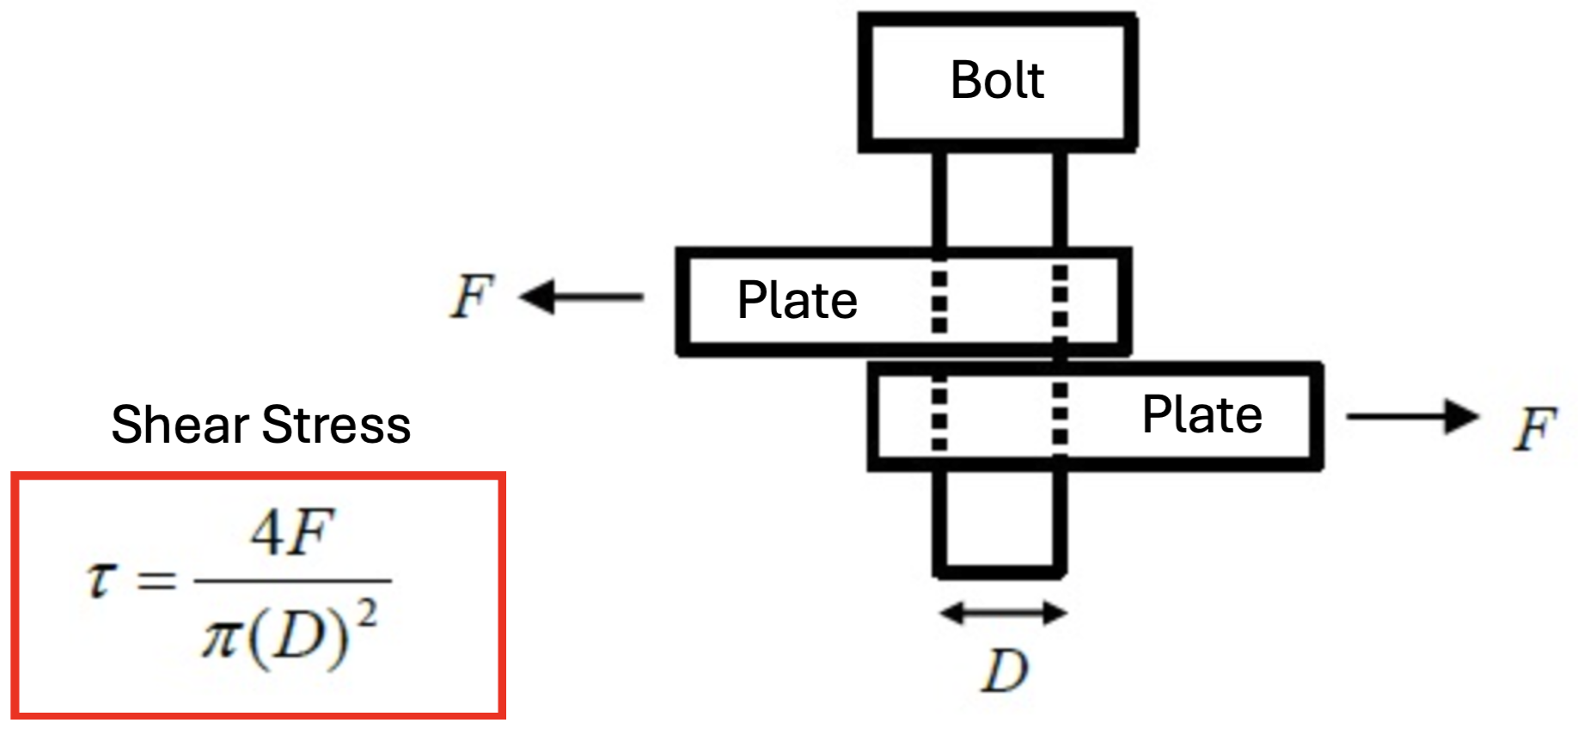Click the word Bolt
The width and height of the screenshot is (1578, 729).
(997, 81)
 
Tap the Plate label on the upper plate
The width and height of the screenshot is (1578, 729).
(797, 301)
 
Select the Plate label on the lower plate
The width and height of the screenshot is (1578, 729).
(1202, 415)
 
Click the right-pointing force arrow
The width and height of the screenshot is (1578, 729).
(1412, 417)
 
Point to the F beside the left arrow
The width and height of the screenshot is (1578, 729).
(472, 297)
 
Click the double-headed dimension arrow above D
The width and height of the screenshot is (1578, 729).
(1003, 613)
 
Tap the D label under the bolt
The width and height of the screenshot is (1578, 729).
(1005, 671)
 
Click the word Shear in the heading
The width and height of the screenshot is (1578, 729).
(180, 425)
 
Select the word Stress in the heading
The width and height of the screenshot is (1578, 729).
(336, 425)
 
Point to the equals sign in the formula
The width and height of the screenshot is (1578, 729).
(157, 581)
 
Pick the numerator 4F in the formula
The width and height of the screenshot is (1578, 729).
(291, 533)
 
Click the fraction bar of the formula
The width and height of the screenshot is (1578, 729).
(292, 582)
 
